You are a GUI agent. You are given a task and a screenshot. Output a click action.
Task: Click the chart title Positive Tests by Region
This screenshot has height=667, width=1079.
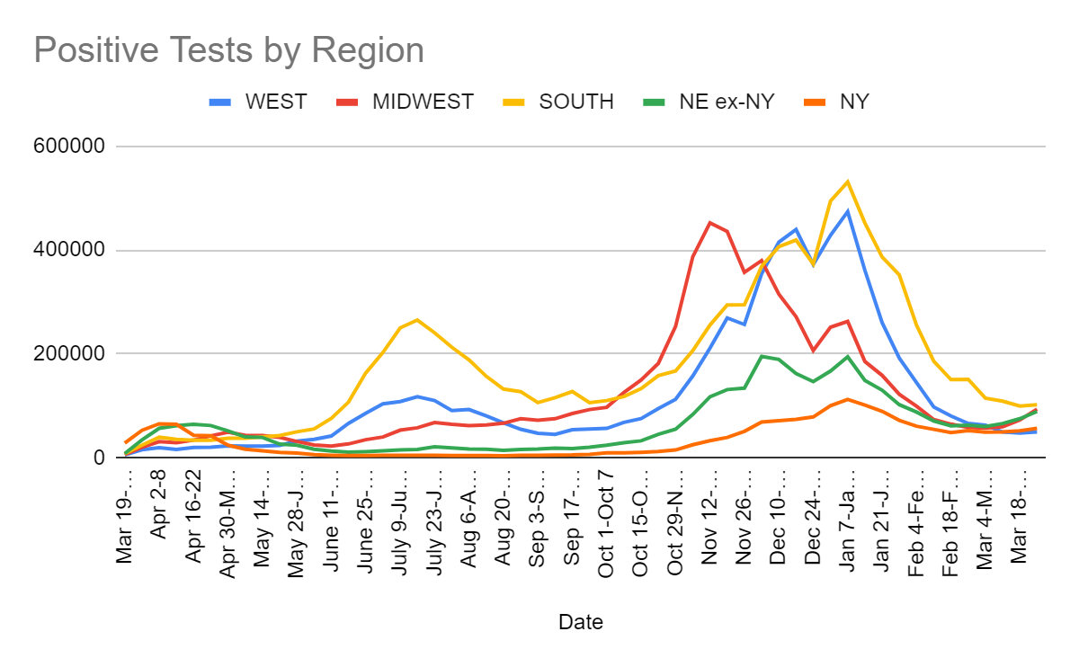pos(228,50)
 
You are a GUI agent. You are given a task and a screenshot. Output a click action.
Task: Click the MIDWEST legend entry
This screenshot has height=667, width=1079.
pos(423,102)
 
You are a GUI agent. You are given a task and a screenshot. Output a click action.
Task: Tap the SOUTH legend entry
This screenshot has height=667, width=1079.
pos(576,102)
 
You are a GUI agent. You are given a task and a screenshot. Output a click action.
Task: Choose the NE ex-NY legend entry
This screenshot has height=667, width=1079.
pos(727,102)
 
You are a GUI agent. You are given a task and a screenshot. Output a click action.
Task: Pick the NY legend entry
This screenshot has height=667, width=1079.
pos(853,102)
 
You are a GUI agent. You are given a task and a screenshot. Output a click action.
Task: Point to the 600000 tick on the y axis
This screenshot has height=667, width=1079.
pos(75,147)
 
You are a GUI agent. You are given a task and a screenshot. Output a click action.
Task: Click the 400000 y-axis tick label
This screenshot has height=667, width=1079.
pos(75,251)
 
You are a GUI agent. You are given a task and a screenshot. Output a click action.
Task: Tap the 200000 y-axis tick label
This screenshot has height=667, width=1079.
pos(75,354)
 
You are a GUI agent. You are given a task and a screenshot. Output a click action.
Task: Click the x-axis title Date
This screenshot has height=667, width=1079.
pos(580,622)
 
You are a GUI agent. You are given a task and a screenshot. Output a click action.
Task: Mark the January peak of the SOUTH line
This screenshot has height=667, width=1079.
pos(847,182)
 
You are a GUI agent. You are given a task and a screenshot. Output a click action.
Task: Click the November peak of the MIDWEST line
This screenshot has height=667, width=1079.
pos(710,222)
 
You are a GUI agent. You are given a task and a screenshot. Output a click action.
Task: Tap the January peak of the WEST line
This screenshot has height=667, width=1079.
pos(847,211)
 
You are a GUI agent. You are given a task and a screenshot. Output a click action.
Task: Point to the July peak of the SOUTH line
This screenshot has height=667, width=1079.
pos(417,319)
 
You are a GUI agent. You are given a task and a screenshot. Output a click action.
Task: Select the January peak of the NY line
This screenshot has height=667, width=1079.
pos(847,399)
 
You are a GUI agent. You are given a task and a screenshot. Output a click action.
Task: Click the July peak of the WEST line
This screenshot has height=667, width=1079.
pos(417,396)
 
